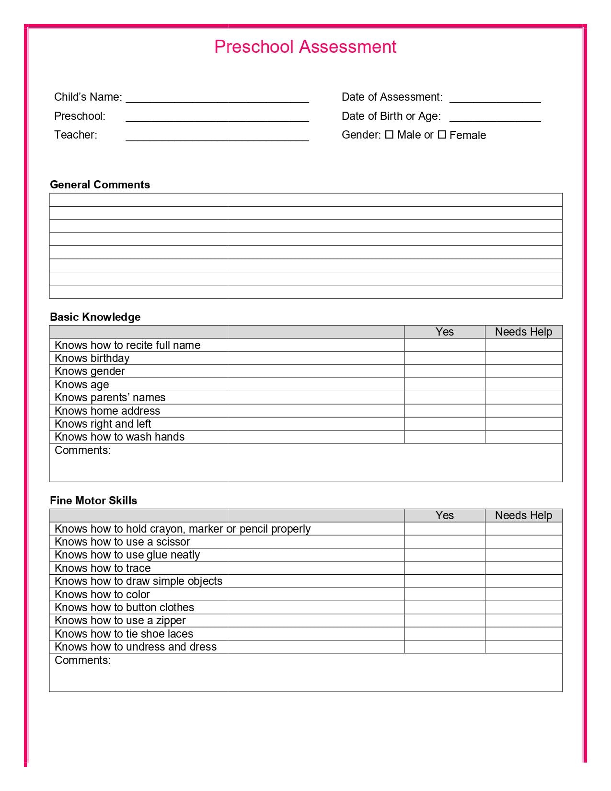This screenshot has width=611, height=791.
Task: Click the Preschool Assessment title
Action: tap(305, 47)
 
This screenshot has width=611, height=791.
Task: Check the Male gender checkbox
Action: tap(389, 135)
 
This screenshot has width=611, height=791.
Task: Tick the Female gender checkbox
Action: tap(442, 135)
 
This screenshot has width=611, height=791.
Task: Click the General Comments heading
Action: tap(100, 185)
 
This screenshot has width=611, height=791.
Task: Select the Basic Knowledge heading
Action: tap(95, 317)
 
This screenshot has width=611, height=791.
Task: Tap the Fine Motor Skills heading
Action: tap(93, 500)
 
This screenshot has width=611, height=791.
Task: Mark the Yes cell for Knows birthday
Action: tap(444, 358)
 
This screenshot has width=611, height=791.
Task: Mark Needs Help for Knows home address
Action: tap(523, 411)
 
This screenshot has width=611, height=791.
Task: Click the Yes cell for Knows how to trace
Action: tap(444, 568)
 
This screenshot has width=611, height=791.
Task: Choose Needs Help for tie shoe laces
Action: tap(523, 634)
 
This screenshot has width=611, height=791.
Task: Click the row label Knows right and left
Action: tap(103, 424)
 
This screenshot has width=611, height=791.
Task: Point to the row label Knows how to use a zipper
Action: tap(120, 620)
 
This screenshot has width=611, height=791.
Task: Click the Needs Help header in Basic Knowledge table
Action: tap(523, 332)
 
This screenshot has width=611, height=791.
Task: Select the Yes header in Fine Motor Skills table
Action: tap(444, 515)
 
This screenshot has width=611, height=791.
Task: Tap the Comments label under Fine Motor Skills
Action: tap(82, 660)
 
